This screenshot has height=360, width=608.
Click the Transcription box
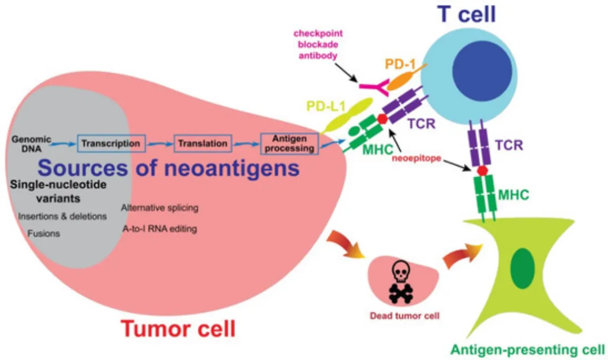coord(111,143)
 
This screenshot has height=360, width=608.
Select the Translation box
coord(203,143)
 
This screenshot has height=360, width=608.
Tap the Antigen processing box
coord(290,143)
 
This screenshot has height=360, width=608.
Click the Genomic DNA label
coord(31,144)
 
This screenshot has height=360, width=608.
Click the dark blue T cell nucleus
coord(482,71)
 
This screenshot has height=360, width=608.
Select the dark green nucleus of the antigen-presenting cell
coord(522,268)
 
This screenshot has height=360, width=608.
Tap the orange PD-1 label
coord(400,64)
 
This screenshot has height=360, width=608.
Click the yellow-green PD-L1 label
coord(326,106)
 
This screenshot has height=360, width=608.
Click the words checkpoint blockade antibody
coord(318,44)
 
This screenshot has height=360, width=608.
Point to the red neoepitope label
coord(417,159)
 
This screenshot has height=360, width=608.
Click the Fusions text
coord(44,233)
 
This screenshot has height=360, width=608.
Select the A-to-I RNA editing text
coord(160,228)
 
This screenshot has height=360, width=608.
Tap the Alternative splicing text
coord(160,208)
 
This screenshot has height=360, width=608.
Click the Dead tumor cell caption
coord(404,316)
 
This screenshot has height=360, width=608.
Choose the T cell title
coord(467,14)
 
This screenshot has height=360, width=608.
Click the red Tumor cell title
coord(178,329)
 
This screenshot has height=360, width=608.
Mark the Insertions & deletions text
coord(62,216)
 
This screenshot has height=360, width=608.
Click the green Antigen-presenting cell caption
coord(527,349)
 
